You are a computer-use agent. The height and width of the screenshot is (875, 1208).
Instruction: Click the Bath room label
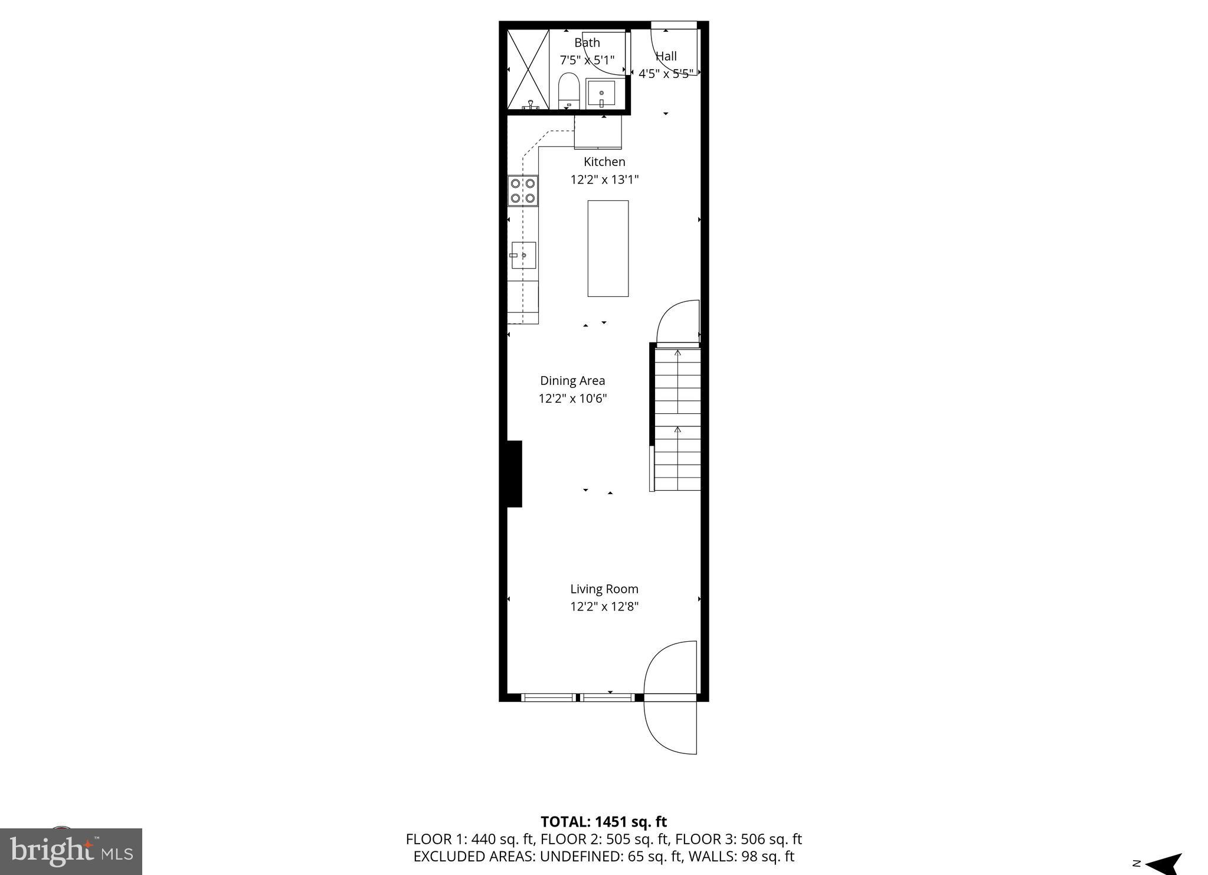[587, 43]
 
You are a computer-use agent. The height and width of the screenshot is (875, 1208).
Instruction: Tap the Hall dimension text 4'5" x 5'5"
[666, 74]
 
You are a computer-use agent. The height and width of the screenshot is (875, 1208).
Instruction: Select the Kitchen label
[604, 162]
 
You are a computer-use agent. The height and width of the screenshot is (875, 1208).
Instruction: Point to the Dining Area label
[572, 381]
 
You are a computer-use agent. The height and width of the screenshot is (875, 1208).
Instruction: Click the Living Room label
[604, 589]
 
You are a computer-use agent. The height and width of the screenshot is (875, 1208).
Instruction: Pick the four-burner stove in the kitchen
[523, 191]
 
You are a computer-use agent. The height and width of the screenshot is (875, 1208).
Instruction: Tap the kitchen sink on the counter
[523, 255]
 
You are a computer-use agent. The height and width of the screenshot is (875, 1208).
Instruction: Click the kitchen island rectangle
[608, 248]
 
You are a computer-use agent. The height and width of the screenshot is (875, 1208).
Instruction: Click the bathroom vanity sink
[601, 94]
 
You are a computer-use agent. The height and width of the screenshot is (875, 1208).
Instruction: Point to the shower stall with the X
[528, 69]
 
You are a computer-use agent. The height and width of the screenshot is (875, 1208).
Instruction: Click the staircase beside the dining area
[677, 419]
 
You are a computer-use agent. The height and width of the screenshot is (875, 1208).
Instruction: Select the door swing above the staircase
[678, 322]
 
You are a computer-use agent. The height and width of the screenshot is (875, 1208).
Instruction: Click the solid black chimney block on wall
[514, 474]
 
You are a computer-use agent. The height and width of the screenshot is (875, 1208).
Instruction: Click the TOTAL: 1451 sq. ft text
[604, 821]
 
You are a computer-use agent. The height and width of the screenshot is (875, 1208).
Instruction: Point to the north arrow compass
[1161, 864]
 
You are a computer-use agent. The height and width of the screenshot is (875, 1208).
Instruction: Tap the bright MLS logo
[71, 851]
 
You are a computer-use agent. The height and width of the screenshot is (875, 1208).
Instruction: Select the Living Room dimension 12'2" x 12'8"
[604, 606]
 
